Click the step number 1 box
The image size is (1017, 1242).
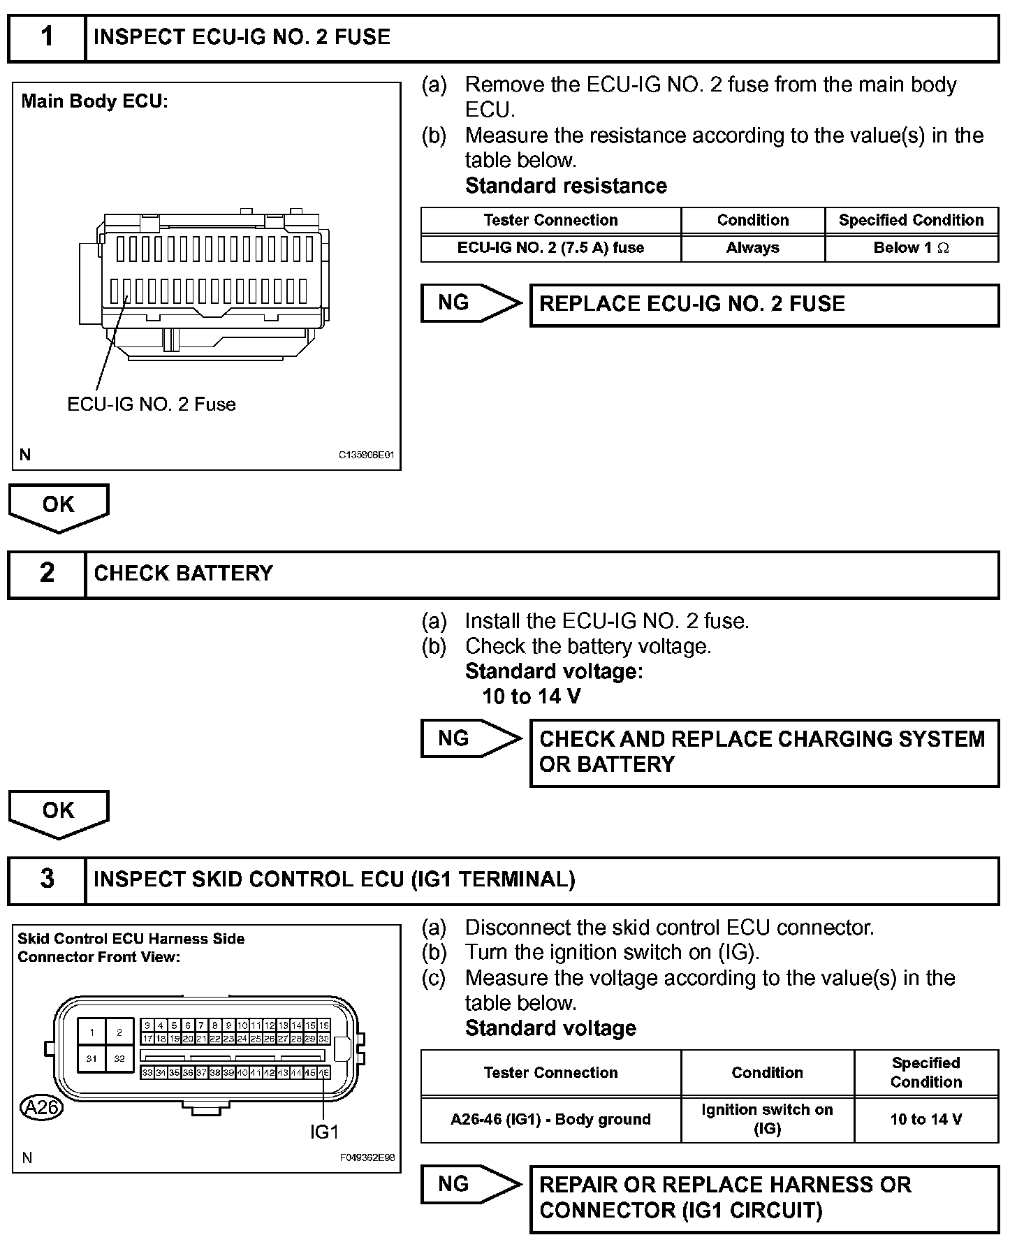coord(46,38)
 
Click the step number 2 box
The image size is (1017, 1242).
coord(46,573)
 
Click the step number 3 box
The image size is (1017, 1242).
coord(46,879)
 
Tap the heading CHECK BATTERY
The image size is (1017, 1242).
coord(183,573)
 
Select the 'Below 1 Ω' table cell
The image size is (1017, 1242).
coord(911,248)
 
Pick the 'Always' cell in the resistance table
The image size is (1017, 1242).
coord(752,248)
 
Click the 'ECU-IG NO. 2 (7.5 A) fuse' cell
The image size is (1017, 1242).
coord(550,248)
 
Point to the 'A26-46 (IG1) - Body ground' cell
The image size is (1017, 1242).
coord(550,1119)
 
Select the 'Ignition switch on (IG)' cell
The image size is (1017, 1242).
coord(767,1119)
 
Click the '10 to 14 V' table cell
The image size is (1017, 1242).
coord(925,1119)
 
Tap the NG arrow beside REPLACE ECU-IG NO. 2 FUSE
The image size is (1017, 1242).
coord(469,303)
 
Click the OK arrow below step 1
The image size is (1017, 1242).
coord(59,506)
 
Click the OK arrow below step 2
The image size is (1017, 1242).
coord(59,812)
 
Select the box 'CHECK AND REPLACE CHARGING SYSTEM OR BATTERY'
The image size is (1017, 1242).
coord(764,752)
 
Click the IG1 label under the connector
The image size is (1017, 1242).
coord(324,1132)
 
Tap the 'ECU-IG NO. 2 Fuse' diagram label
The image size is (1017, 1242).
coord(152,404)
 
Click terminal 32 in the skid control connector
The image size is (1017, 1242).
coord(119,1058)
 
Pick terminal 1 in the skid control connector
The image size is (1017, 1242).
coord(92,1032)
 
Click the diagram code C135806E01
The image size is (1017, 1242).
coord(367,455)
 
